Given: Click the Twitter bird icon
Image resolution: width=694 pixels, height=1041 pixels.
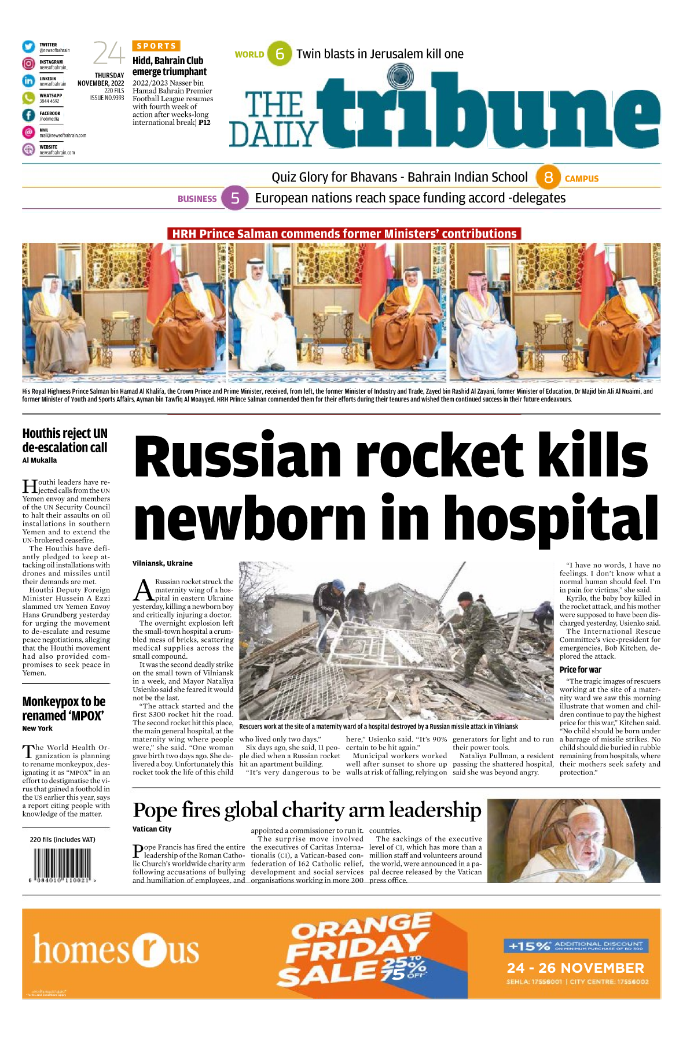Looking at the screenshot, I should [x=28, y=47].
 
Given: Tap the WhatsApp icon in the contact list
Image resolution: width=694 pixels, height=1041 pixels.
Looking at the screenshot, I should [x=28, y=98].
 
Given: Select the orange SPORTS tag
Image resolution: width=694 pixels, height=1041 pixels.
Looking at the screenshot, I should [x=156, y=46].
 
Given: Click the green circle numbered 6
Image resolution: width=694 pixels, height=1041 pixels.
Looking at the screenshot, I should [x=280, y=54].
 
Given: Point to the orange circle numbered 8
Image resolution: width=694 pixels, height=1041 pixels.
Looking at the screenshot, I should [x=548, y=178].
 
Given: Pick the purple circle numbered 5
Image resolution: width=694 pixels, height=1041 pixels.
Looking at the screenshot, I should [x=235, y=198].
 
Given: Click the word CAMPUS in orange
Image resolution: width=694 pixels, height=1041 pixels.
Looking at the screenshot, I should [x=581, y=179].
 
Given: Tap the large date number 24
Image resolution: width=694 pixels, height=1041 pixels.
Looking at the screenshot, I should [x=108, y=54].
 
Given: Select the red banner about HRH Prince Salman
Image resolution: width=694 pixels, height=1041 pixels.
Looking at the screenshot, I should [x=344, y=234].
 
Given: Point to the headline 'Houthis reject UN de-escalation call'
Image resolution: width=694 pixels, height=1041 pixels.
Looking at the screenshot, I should [x=65, y=440].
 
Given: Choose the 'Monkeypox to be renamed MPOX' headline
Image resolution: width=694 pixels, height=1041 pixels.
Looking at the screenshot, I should [x=64, y=708].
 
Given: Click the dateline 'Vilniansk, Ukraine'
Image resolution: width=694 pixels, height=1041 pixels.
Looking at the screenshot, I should [x=163, y=563].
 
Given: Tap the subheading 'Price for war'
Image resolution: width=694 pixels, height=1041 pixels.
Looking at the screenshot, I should [x=580, y=670].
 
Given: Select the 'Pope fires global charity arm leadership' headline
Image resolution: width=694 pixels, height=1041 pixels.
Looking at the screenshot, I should [x=307, y=810].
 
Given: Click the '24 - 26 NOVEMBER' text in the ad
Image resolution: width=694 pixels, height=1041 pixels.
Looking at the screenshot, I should [x=575, y=968].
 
